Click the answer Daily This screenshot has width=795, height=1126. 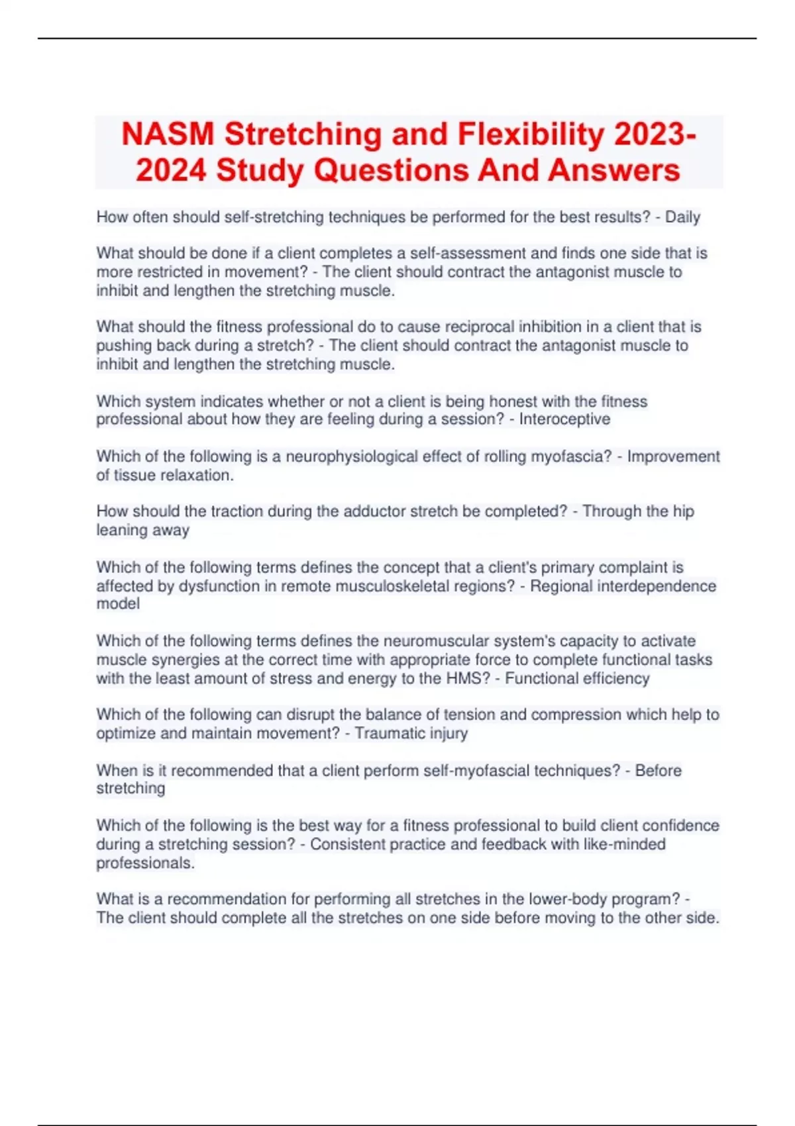682,217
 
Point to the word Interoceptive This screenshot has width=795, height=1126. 564,419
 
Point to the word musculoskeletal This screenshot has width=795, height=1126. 377,586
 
